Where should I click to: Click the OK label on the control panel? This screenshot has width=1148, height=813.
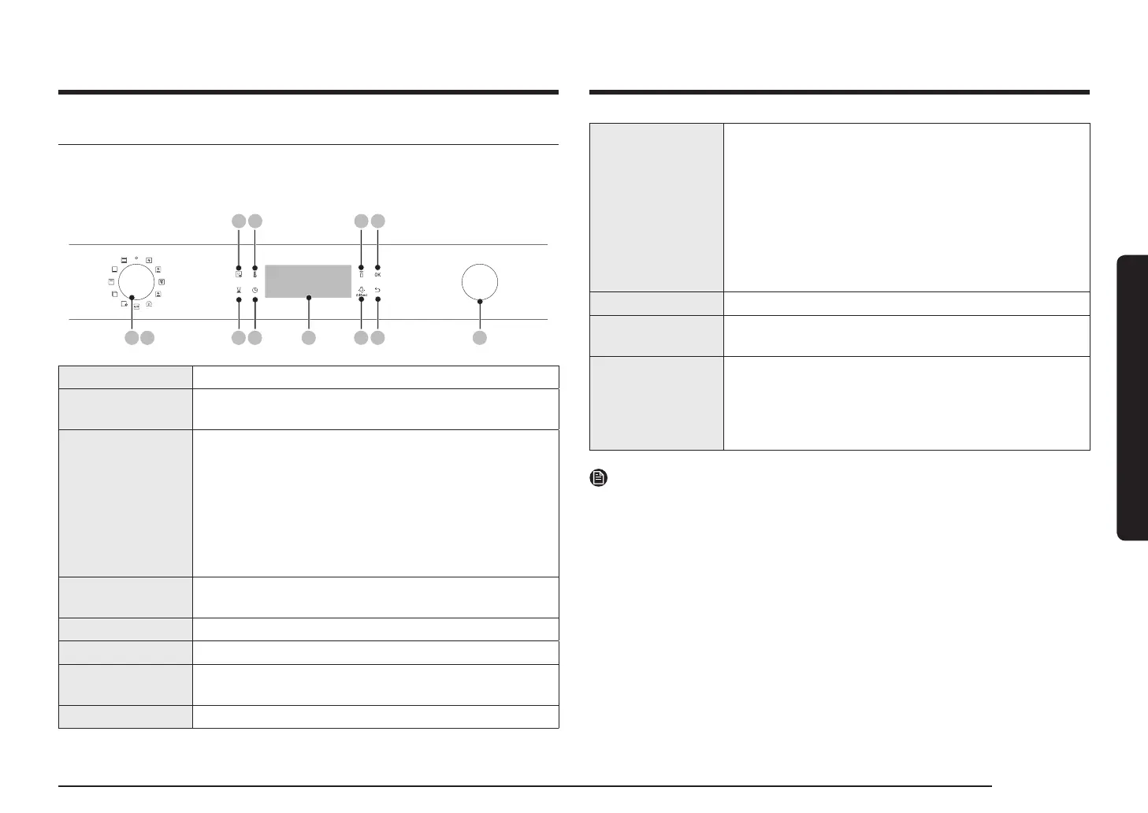[377, 275]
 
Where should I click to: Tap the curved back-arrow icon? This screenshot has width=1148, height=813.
[377, 290]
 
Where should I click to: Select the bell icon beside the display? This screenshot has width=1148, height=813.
[361, 289]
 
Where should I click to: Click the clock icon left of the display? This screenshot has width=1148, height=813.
[255, 291]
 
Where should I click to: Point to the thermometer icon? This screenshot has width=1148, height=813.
[255, 275]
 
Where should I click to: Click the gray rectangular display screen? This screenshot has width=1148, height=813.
[308, 281]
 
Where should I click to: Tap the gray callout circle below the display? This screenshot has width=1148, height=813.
[308, 338]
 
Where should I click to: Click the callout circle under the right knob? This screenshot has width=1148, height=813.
[480, 338]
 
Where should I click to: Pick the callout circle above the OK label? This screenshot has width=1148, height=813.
[378, 222]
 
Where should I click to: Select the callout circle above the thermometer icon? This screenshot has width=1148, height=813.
[255, 222]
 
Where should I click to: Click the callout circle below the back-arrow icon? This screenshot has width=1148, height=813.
[378, 338]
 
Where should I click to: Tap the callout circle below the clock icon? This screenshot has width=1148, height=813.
[255, 338]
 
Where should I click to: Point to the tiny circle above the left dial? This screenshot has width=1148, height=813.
[136, 257]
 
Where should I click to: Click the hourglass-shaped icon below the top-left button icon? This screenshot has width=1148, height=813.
[238, 291]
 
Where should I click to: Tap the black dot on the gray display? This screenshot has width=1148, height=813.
[309, 298]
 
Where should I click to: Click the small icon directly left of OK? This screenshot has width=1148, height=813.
[361, 275]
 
